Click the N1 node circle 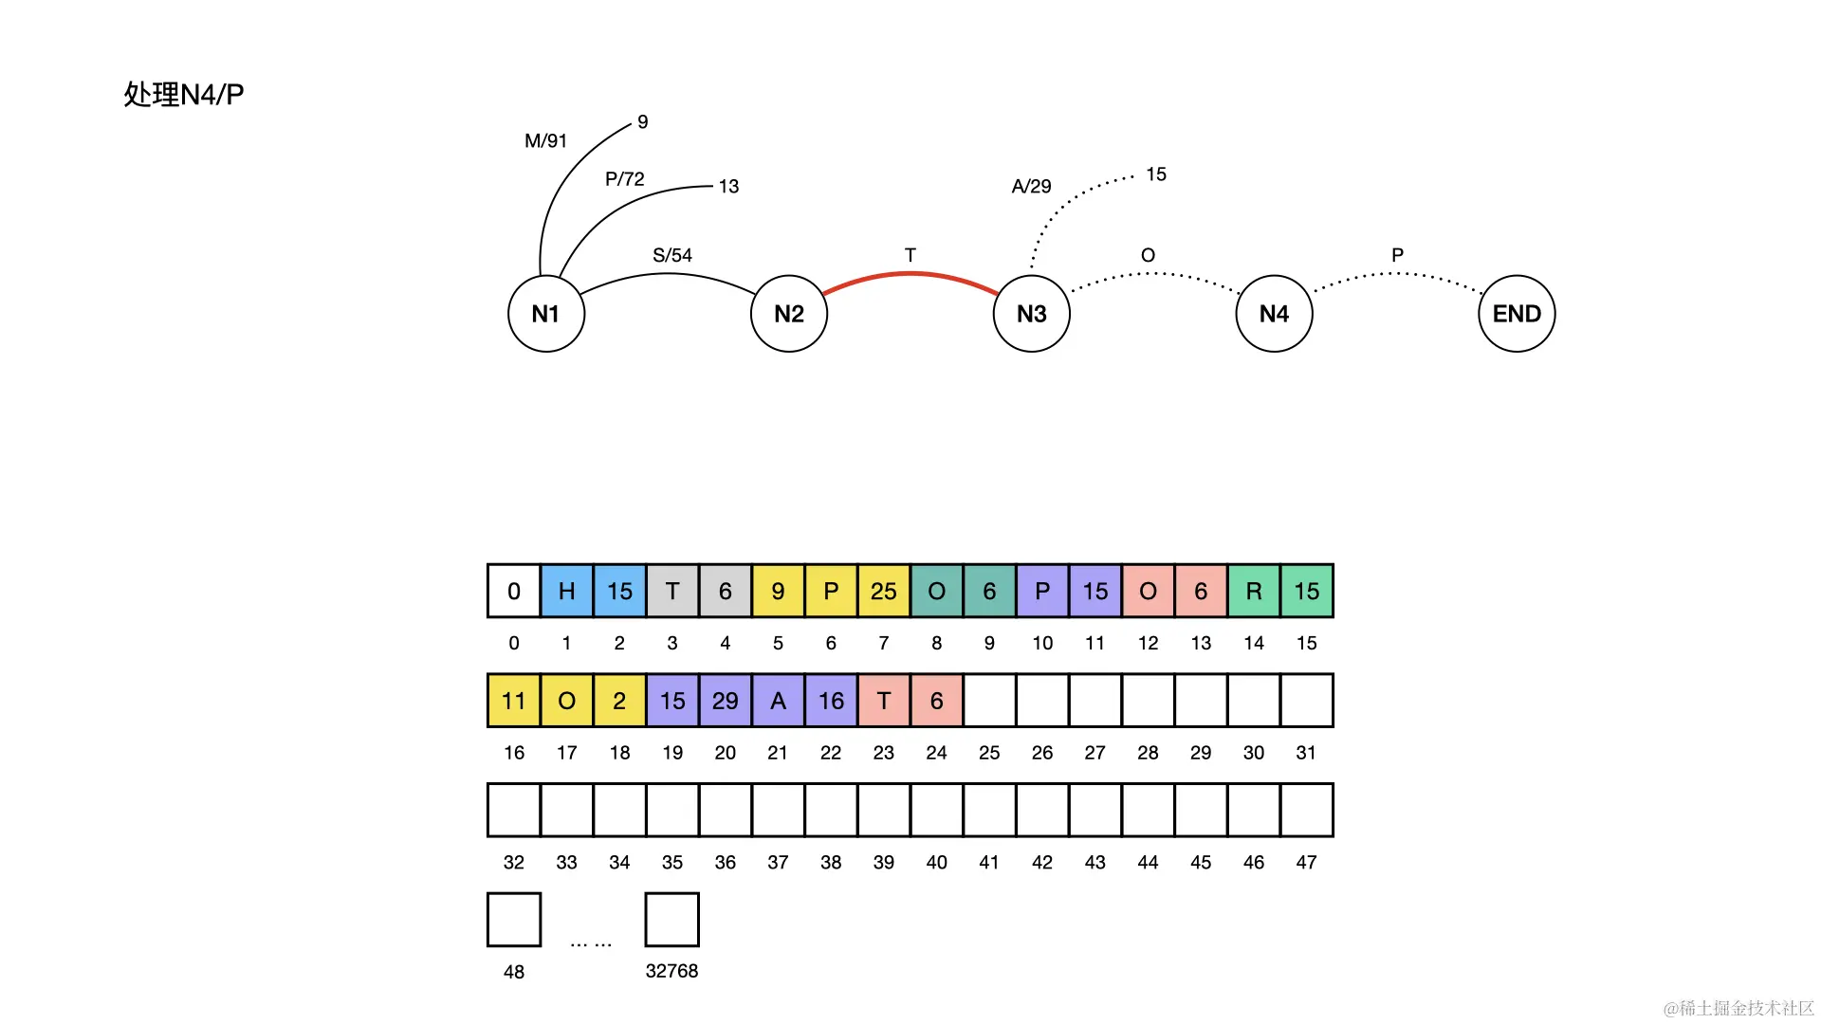click(545, 314)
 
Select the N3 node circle click(1031, 314)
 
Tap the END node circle click(1517, 314)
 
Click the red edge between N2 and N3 click(910, 274)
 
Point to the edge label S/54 click(672, 255)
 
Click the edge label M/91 click(545, 140)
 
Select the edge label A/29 click(1031, 186)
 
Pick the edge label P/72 click(625, 178)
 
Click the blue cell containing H click(566, 591)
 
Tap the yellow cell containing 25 click(883, 591)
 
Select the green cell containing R click(1253, 591)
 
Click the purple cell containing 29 click(725, 701)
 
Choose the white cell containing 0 click(514, 591)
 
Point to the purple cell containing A click(778, 701)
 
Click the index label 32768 click(671, 971)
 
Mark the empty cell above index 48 click(514, 919)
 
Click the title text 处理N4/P click(184, 94)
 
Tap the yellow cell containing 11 click(514, 701)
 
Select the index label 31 click(1306, 753)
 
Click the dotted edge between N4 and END click(1396, 275)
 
